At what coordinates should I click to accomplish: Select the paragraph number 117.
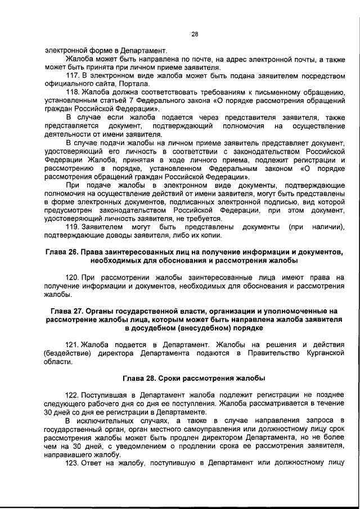tap(73, 75)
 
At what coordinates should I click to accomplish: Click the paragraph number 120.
tap(73, 277)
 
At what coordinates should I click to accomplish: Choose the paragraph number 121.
tap(73, 344)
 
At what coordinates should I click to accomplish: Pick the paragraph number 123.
tap(73, 463)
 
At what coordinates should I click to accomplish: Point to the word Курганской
tap(321, 353)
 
